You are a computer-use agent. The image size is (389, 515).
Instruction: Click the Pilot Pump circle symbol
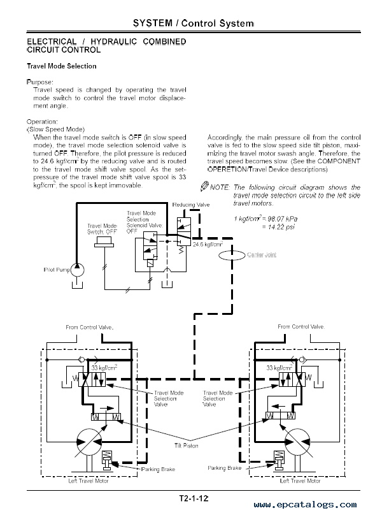click(77, 270)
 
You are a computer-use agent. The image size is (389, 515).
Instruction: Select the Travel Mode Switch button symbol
click(104, 243)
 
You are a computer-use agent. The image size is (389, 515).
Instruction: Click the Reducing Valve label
click(191, 205)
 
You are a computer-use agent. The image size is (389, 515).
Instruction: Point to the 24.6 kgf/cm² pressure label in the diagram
click(208, 244)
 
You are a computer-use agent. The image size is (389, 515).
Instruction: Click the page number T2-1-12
click(194, 498)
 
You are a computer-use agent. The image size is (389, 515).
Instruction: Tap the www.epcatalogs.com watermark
click(305, 505)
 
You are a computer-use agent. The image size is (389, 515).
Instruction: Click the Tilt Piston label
click(186, 446)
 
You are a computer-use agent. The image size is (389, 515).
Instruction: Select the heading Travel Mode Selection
click(62, 66)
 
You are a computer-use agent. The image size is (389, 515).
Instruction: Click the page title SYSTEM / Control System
click(194, 24)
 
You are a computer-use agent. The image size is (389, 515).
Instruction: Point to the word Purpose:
click(39, 82)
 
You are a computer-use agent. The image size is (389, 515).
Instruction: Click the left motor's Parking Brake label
click(158, 469)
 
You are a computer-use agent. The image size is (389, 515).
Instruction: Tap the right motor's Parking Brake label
click(224, 468)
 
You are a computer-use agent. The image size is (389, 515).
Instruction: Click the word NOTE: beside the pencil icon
click(220, 187)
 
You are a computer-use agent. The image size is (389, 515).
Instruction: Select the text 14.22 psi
click(281, 227)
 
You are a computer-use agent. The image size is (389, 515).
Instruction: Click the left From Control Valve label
click(90, 328)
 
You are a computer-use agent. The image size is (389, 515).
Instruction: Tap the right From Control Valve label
click(301, 327)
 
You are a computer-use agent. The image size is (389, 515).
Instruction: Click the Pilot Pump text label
click(57, 270)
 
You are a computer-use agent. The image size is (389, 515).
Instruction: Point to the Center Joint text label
click(262, 255)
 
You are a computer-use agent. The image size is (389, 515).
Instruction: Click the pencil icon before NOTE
click(204, 186)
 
